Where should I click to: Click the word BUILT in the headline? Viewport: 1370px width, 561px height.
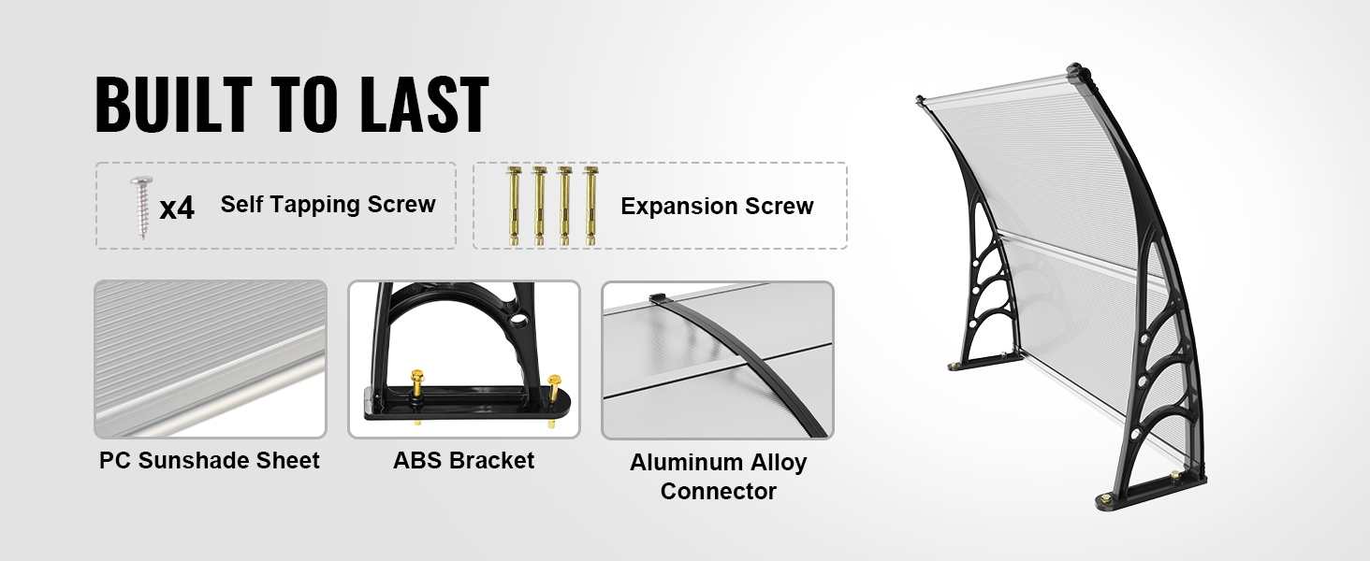[x=174, y=105]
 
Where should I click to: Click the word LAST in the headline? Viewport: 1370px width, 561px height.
[x=425, y=105]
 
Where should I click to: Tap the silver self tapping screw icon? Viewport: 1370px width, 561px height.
[x=142, y=208]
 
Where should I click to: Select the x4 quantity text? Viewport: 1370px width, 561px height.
[x=177, y=208]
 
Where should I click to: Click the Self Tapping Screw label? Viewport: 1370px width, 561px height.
[x=328, y=204]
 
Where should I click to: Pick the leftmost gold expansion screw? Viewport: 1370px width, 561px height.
[x=513, y=206]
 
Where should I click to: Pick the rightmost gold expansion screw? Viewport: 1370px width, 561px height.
[x=590, y=206]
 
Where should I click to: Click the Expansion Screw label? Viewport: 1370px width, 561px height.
[x=717, y=206]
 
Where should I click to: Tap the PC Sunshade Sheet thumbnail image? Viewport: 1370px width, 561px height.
[x=211, y=359]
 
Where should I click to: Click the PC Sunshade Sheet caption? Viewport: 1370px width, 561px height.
[x=210, y=460]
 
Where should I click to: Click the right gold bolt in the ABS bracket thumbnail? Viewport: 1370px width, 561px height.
[x=553, y=391]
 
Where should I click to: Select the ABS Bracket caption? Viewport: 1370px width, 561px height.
[x=463, y=460]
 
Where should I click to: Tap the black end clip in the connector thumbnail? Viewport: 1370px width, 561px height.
[x=658, y=299]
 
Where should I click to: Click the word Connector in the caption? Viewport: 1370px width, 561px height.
[x=718, y=491]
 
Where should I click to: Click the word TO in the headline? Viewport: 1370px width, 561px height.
[x=306, y=105]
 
